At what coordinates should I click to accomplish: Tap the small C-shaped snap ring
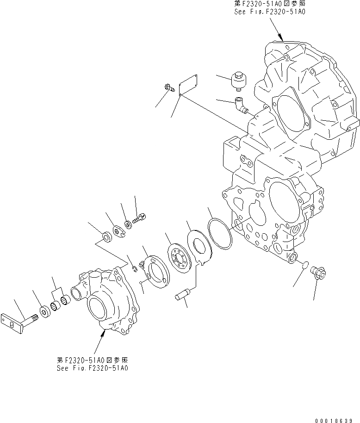133,265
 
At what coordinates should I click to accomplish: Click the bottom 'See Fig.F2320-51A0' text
93,368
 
